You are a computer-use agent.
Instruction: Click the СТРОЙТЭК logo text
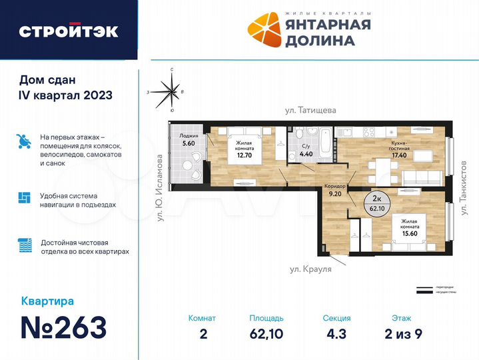tap(69, 31)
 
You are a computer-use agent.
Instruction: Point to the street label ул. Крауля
tap(310, 269)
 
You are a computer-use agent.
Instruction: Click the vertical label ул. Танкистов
tap(462, 187)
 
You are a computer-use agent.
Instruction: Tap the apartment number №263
tap(63, 327)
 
